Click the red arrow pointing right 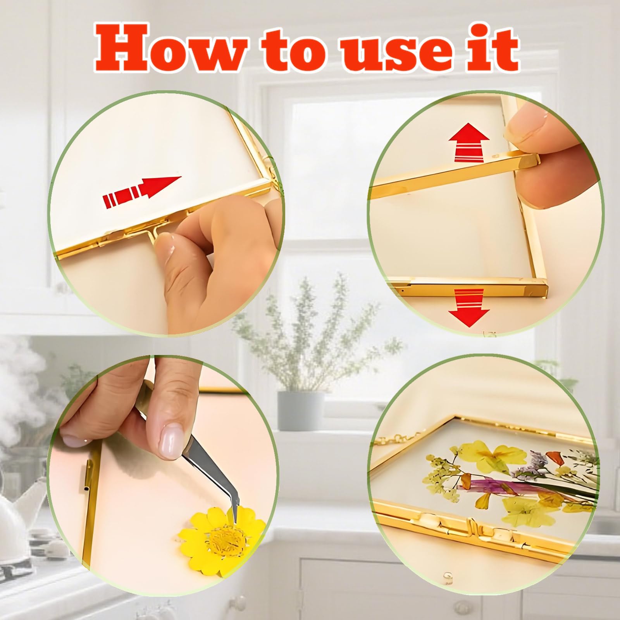tap(142, 191)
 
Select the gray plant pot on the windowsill tap(301, 411)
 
